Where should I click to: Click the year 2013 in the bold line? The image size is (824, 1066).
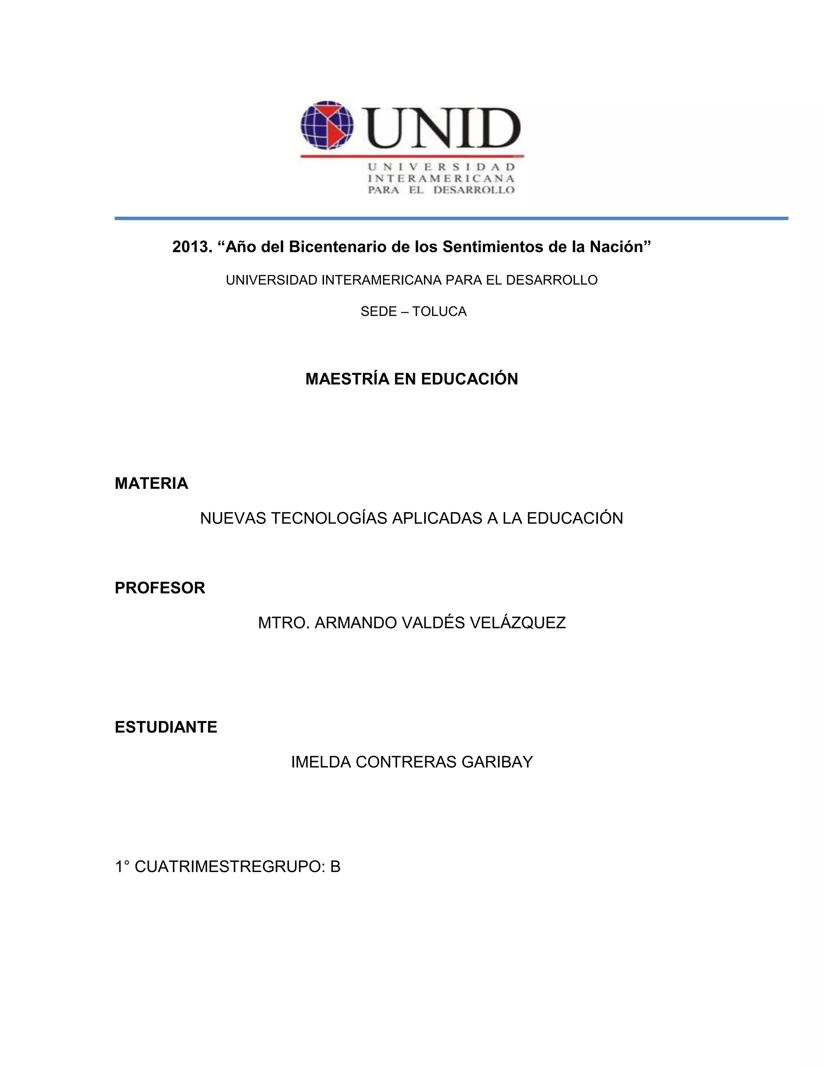(x=192, y=247)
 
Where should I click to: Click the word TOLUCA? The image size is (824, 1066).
(x=439, y=311)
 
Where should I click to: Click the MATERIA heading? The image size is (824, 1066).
(x=151, y=483)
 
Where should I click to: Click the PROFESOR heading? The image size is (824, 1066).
(x=160, y=588)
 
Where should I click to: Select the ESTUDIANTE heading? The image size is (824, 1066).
(x=166, y=727)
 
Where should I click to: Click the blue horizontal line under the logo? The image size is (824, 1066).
(x=451, y=218)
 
